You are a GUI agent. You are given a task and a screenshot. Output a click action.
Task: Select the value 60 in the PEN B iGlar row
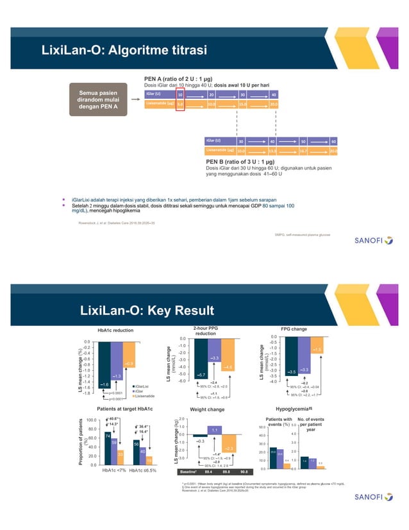pyautogui.click(x=333, y=141)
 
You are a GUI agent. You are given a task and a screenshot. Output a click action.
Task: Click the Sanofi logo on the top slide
pyautogui.click(x=374, y=243)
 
